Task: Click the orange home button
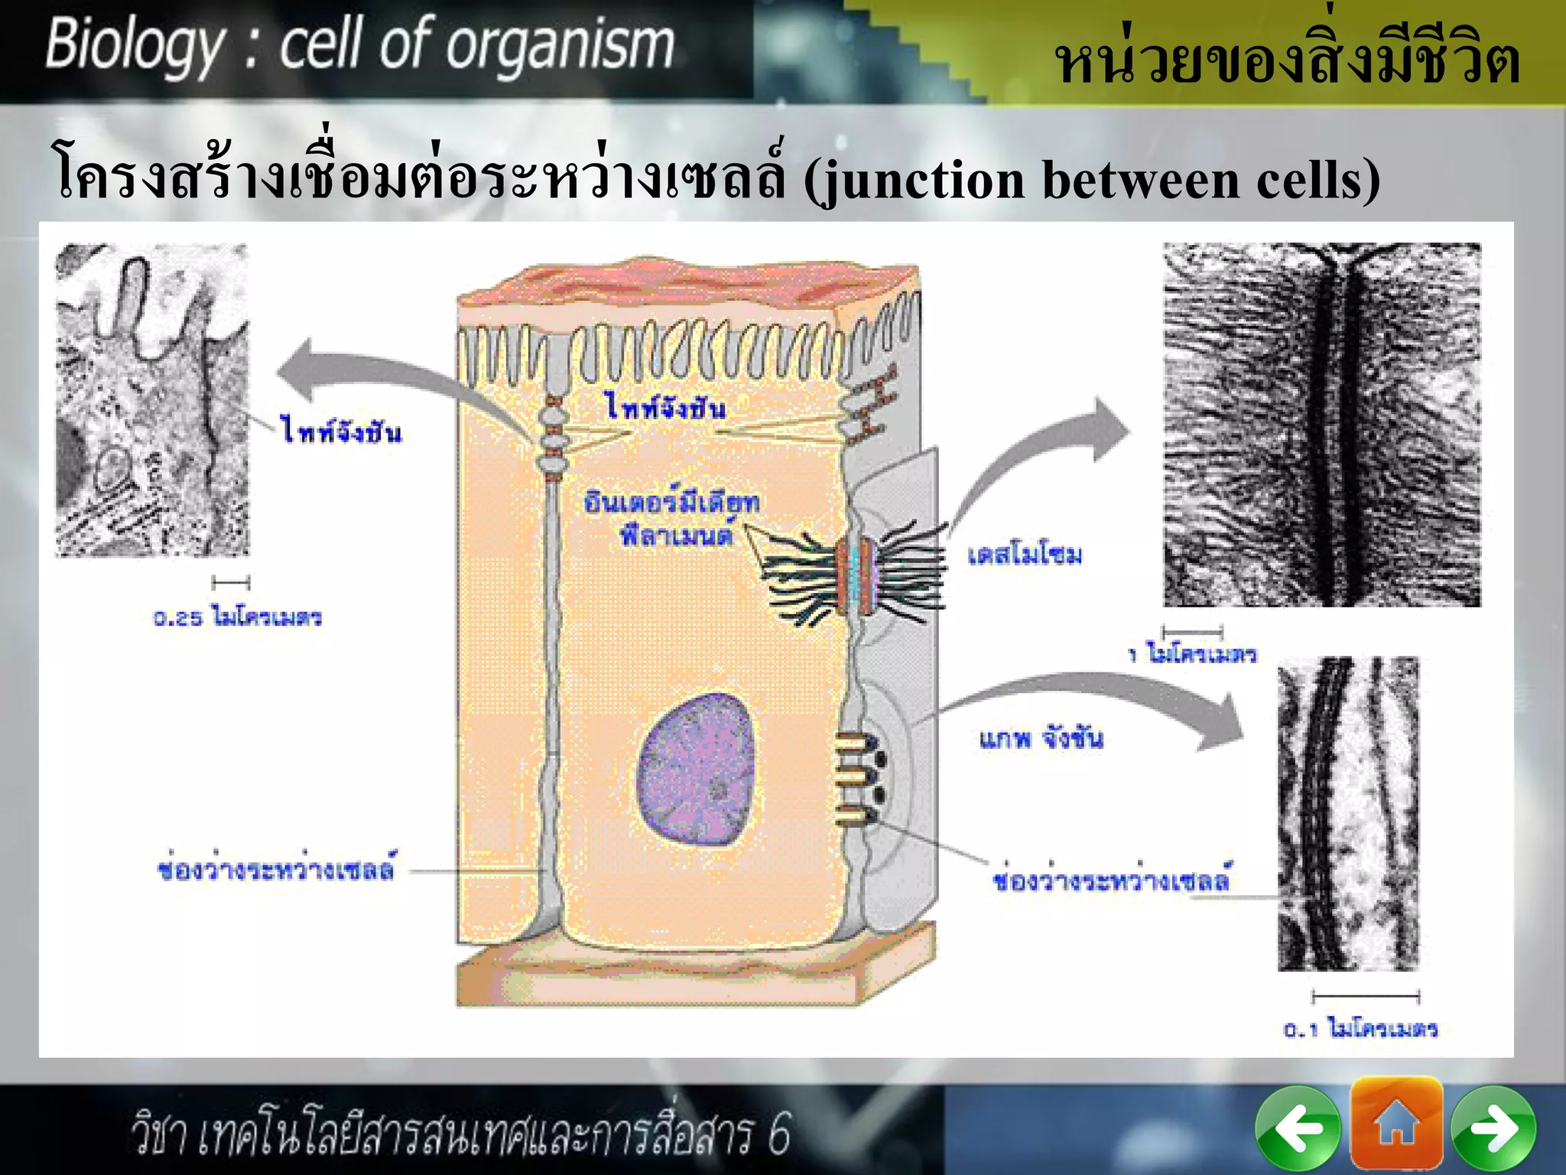point(1396,1124)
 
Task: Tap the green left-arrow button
point(1298,1128)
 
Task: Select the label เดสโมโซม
point(1025,555)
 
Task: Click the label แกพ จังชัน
point(1041,738)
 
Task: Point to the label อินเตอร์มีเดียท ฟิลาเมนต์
point(671,519)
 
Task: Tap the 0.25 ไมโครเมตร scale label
point(237,617)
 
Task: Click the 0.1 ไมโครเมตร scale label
point(1360,1029)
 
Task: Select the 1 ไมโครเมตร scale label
point(1193,654)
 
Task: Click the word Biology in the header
point(135,46)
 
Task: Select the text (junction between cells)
point(1091,181)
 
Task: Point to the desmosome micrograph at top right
point(1321,425)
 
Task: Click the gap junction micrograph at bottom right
point(1348,814)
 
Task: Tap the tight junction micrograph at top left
point(152,400)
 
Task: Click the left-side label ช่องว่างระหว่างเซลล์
point(276,870)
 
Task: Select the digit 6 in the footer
point(778,1134)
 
